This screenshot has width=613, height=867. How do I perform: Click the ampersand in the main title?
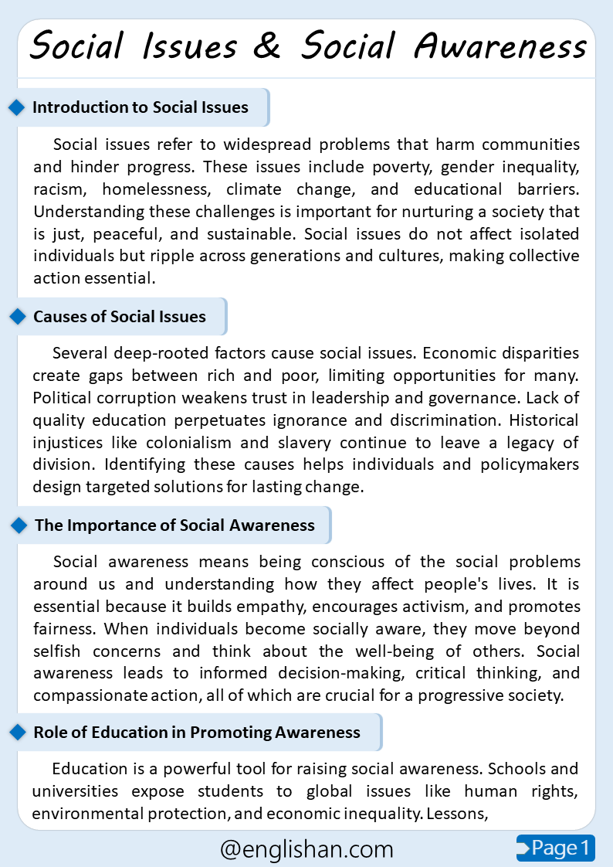[267, 46]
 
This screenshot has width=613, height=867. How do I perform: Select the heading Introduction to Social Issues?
[141, 107]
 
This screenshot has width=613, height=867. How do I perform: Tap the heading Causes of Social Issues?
[120, 317]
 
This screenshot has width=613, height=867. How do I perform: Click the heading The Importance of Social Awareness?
[174, 525]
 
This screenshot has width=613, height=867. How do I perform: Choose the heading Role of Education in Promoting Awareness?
[197, 733]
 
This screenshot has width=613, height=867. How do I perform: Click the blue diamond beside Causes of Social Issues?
[17, 317]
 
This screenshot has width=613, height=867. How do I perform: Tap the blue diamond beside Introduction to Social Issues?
[17, 107]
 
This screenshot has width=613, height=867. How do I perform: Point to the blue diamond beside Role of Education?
[17, 733]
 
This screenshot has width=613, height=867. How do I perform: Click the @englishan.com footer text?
[306, 849]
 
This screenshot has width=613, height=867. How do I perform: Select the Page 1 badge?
[556, 848]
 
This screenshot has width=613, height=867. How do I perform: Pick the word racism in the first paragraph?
[59, 190]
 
